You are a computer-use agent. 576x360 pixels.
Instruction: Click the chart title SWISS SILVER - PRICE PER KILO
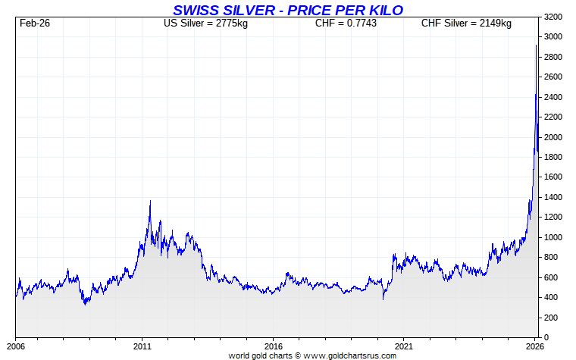tap(288, 9)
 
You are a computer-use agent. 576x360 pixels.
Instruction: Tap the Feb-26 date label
tap(35, 23)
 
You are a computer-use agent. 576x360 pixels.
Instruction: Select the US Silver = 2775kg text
tap(206, 23)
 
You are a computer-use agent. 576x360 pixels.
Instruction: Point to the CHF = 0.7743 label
tap(346, 23)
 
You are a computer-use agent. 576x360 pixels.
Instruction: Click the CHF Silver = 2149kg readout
tap(466, 23)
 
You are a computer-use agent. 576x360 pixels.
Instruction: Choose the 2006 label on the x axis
tap(16, 346)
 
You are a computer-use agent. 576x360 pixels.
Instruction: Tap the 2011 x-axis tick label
tap(143, 346)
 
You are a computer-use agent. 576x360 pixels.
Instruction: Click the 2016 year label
tap(274, 346)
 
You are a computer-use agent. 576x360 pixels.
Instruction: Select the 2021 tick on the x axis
tap(404, 346)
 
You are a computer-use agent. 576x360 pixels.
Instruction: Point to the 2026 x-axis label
tap(534, 346)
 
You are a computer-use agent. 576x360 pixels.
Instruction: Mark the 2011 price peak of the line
tap(150, 201)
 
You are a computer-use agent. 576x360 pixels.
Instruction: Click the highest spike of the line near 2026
tap(537, 45)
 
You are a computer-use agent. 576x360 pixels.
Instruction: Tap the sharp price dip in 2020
tap(383, 299)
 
